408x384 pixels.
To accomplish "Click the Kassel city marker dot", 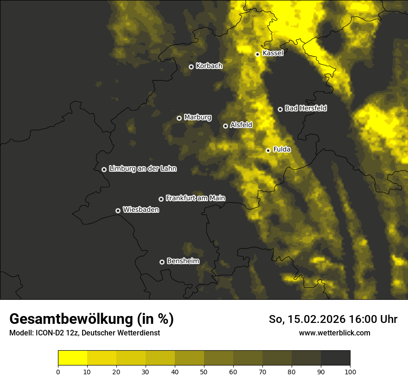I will coord(257,54).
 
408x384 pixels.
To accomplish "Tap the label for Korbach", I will coord(209,66).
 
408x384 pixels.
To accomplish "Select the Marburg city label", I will coord(198,118).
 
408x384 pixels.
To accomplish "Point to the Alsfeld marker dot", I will coord(225,126).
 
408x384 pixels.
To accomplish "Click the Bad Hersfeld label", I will coord(306,108).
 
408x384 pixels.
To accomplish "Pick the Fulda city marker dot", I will coord(268,150).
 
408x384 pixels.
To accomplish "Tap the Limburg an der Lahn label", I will coord(143,169).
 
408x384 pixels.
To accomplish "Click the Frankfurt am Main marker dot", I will coord(161,199).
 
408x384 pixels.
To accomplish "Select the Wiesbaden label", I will coord(141,210).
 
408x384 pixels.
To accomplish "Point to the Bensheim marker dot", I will coord(162,262).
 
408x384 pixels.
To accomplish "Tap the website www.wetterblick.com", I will coord(334,333).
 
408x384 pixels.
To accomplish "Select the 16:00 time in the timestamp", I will coord(366,319).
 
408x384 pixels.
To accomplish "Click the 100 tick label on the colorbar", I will coord(350,372).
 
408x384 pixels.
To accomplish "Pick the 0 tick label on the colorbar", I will coord(58,372).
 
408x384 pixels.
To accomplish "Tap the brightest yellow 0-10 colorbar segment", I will coord(72,358).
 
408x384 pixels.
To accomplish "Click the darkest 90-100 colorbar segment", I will coord(335,358).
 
